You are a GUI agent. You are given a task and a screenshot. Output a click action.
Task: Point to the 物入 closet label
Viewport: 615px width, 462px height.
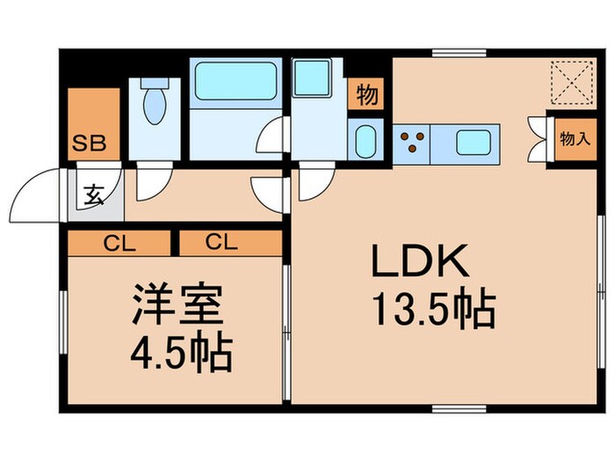pyautogui.click(x=574, y=139)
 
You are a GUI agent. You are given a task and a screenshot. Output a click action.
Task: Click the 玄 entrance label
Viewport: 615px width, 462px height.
pyautogui.click(x=93, y=195)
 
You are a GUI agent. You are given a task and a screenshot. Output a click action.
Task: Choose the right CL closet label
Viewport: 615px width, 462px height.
pyautogui.click(x=222, y=242)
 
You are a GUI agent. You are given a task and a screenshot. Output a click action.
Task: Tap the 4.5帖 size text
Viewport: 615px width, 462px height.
pyautogui.click(x=181, y=354)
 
